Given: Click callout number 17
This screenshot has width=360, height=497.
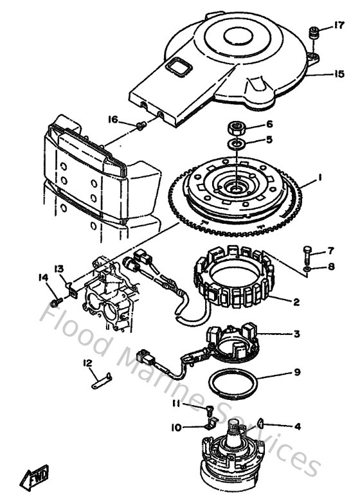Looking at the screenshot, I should (339, 26).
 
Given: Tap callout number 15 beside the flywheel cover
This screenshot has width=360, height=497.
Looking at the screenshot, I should (339, 74).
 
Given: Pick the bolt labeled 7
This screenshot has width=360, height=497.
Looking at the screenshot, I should (307, 251).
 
